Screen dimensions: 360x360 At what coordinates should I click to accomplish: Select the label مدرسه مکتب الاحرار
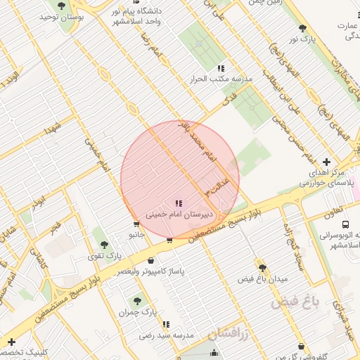coord(221,79)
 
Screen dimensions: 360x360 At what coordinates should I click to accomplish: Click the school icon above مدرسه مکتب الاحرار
coord(221,69)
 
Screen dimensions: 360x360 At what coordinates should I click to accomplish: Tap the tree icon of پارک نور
coord(303,28)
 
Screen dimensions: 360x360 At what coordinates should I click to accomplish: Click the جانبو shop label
coord(136,233)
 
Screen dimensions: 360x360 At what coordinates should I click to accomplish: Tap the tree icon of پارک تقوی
coord(104,245)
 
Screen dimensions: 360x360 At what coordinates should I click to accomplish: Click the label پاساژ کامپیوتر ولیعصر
coord(150,271)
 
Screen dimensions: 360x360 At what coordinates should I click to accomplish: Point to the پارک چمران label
coord(136,311)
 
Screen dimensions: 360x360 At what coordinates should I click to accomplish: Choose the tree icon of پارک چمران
coord(136,300)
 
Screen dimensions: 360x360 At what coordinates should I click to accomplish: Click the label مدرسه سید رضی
coord(167,335)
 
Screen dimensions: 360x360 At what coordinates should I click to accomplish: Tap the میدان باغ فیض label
coord(263,279)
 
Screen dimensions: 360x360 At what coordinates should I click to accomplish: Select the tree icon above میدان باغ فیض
coord(262,268)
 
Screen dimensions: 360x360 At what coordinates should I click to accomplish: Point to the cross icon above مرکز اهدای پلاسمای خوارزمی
coord(326,162)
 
